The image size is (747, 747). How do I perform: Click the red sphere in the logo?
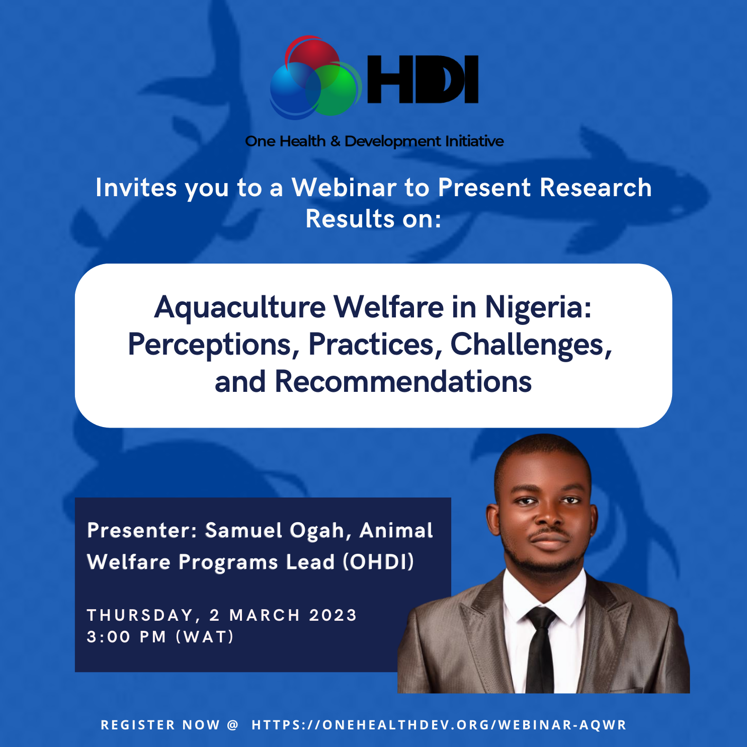312,57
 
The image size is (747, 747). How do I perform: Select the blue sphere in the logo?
293,90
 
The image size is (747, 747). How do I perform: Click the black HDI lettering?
423,79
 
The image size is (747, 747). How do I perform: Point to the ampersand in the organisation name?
335,142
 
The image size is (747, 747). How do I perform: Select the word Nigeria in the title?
537,307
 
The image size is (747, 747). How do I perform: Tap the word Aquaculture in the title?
240,307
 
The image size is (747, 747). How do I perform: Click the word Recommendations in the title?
403,382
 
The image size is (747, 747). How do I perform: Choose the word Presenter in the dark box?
141,531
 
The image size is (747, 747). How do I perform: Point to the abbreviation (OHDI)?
378,562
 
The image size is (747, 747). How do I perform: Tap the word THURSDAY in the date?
140,615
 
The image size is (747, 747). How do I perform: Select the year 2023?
333,615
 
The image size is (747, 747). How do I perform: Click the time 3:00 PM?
126,637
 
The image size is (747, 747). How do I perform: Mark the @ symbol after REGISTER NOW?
232,725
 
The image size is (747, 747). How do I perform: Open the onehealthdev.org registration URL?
439,725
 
